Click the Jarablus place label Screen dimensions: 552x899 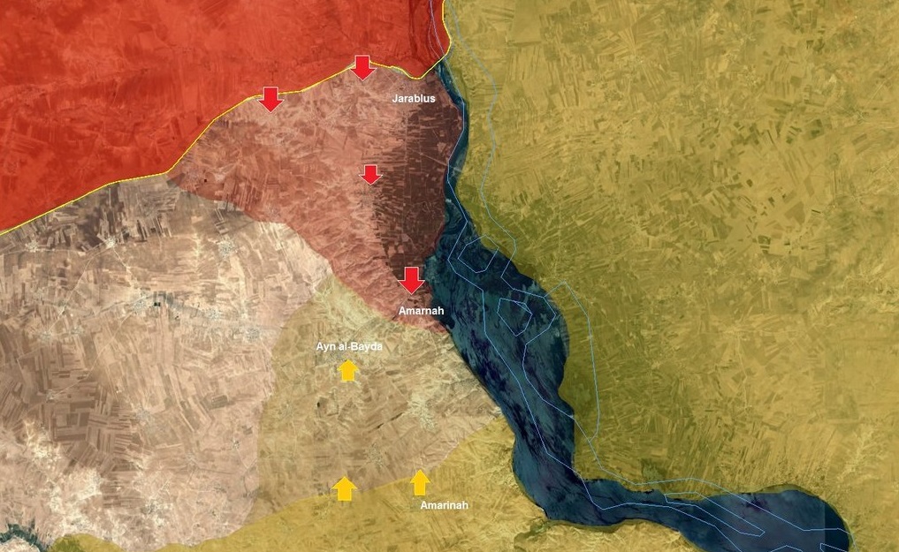coord(414,99)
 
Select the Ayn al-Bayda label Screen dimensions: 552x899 coord(349,347)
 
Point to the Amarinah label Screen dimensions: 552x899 coord(444,505)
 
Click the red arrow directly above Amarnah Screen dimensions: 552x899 coord(411,280)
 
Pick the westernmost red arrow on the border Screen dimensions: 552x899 coord(270,99)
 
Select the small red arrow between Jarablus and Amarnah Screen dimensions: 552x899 coord(371,174)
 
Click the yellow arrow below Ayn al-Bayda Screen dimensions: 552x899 coord(347,371)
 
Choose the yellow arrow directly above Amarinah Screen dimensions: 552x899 coord(420,482)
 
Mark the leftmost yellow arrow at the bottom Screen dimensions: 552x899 coord(345,488)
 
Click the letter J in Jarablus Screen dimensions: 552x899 coord(395,99)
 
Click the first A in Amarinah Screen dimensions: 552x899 coord(424,505)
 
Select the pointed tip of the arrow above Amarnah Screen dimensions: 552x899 coord(411,291)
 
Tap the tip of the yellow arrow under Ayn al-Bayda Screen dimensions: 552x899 coord(347,361)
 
